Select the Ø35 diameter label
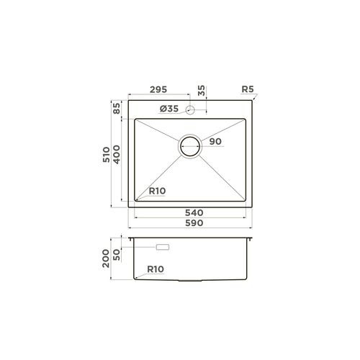[x=168, y=109]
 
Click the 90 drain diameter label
[x=215, y=142]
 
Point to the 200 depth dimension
[x=107, y=258]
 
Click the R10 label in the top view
[x=157, y=192]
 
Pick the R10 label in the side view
[x=156, y=270]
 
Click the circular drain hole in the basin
[x=192, y=146]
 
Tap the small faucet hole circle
[x=191, y=109]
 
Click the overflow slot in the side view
[x=162, y=247]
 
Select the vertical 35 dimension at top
[x=202, y=91]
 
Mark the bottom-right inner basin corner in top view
[x=247, y=199]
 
